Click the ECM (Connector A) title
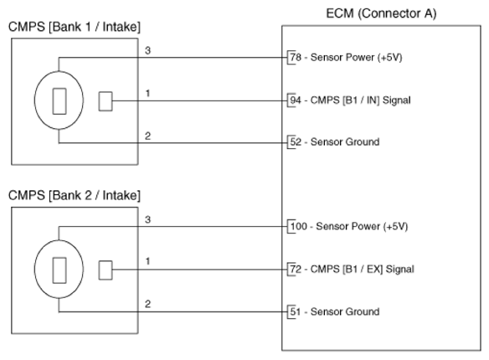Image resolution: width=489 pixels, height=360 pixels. coord(381,13)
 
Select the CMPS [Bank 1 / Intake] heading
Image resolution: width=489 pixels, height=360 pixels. coord(75,27)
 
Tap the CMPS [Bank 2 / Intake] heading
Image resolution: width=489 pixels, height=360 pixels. coord(75,195)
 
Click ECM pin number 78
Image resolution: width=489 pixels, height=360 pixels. coord(296,57)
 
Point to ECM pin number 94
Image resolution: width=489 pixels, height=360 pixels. coord(296,100)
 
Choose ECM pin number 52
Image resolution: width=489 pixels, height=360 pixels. coord(296,142)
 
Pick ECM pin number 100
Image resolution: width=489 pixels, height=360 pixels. coord(298,226)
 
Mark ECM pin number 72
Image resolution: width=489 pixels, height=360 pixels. coord(296,269)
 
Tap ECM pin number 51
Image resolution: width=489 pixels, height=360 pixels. coord(296,311)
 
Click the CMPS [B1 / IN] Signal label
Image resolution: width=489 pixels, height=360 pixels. coord(361,100)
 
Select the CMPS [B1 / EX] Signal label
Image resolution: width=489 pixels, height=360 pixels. coord(363,269)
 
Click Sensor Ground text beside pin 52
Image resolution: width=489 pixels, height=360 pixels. coord(345,142)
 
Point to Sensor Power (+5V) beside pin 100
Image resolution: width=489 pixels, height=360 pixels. coord(362,226)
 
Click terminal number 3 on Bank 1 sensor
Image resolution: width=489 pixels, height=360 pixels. coord(148,50)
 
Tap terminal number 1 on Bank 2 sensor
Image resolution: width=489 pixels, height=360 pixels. coord(148,261)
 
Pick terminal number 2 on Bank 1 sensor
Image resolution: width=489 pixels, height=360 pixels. coord(148,136)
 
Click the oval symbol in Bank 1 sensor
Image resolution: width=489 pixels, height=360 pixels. coord(34,100)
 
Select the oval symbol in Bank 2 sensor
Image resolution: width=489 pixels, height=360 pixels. coord(34,269)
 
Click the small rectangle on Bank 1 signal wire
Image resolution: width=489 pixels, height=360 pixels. coord(106,101)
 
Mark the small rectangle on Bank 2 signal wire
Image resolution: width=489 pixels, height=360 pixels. coord(106,270)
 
